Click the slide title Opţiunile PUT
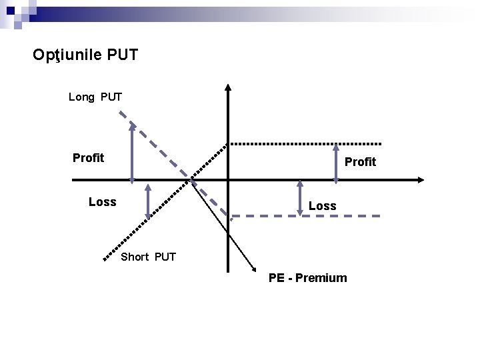(x=85, y=55)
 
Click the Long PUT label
(x=95, y=97)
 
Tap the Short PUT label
(x=148, y=257)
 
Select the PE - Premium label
(x=307, y=278)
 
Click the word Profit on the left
(x=88, y=158)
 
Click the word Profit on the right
(x=360, y=162)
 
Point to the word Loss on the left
(x=102, y=202)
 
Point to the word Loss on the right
(x=322, y=207)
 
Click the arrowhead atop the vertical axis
(x=227, y=87)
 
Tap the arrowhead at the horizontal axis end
(x=420, y=179)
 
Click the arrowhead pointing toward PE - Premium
(x=255, y=268)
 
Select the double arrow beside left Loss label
(x=148, y=201)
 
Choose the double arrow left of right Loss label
(x=299, y=198)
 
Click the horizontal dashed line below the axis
(x=307, y=216)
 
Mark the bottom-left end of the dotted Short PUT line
(x=105, y=258)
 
